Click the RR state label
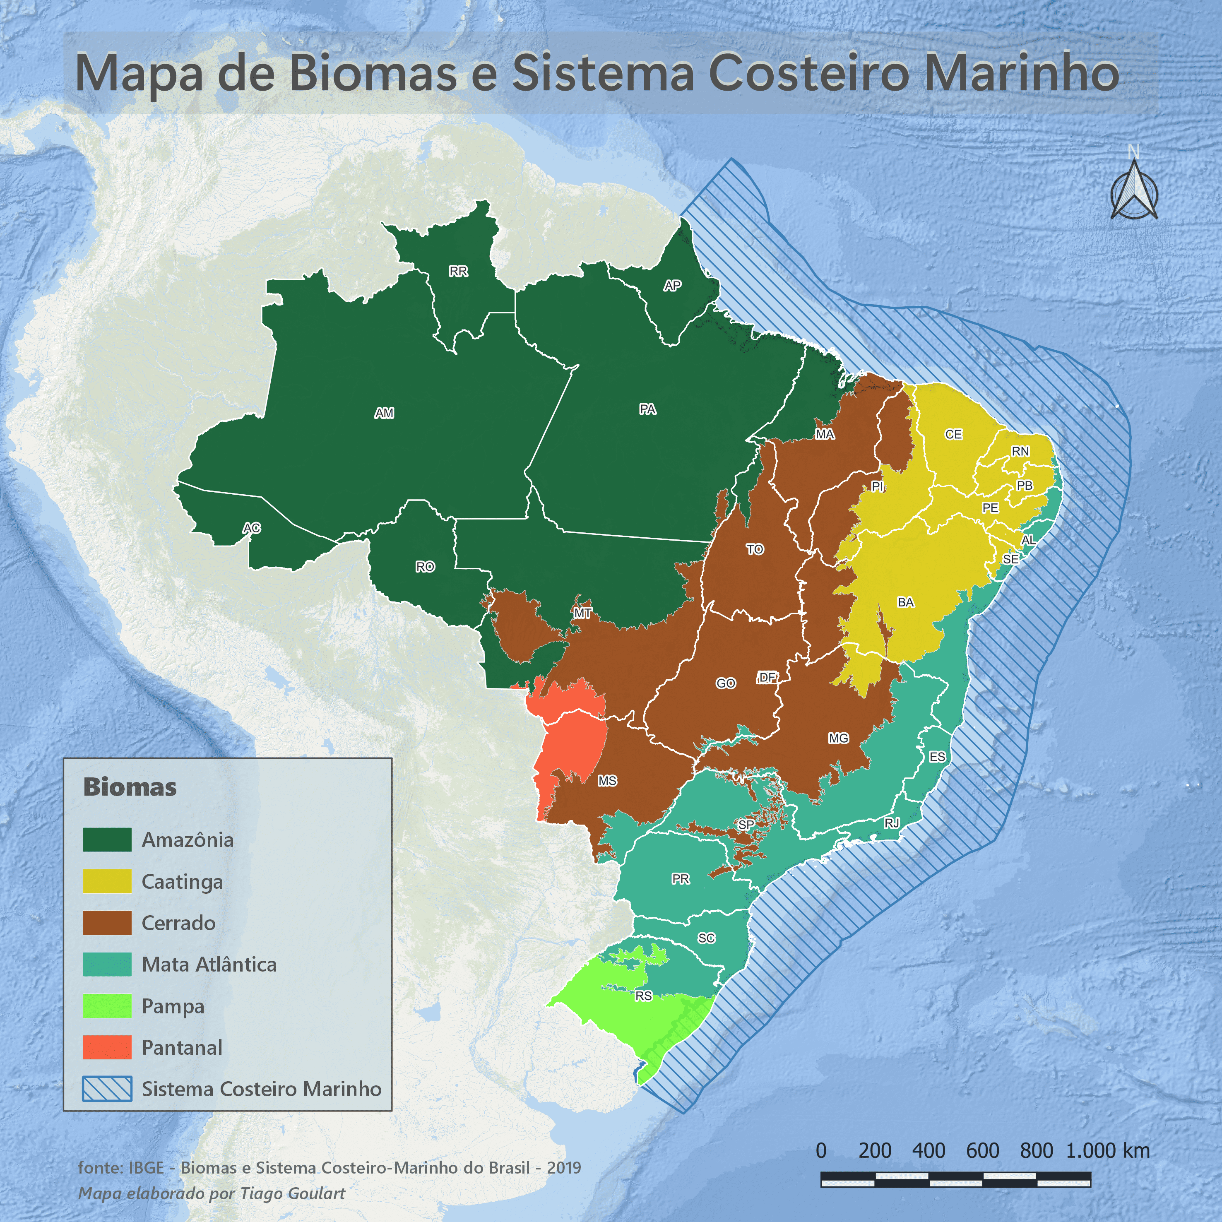click(459, 271)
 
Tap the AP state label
click(672, 286)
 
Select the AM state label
click(384, 413)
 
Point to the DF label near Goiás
click(767, 677)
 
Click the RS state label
click(643, 996)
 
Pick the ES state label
click(937, 757)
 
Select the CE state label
click(954, 435)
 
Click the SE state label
click(1011, 559)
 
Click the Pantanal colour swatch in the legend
click(108, 1047)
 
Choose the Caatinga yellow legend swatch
click(108, 881)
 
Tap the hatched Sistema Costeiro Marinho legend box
click(108, 1089)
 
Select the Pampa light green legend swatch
click(108, 1006)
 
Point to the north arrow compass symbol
click(1134, 189)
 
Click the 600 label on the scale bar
click(982, 1150)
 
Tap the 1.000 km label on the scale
click(1107, 1150)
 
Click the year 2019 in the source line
click(563, 1168)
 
